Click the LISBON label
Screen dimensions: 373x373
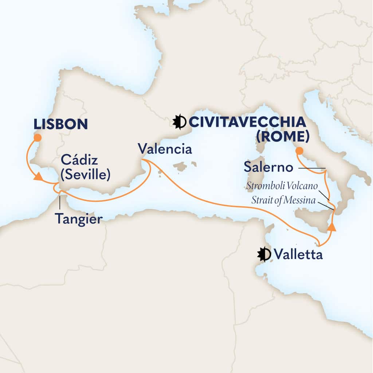click(60, 124)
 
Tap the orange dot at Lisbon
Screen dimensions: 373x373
click(37, 138)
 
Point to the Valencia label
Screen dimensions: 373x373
click(165, 149)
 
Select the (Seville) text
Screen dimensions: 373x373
click(85, 175)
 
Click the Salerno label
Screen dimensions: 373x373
click(268, 168)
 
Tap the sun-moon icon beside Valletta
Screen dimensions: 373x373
click(264, 254)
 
